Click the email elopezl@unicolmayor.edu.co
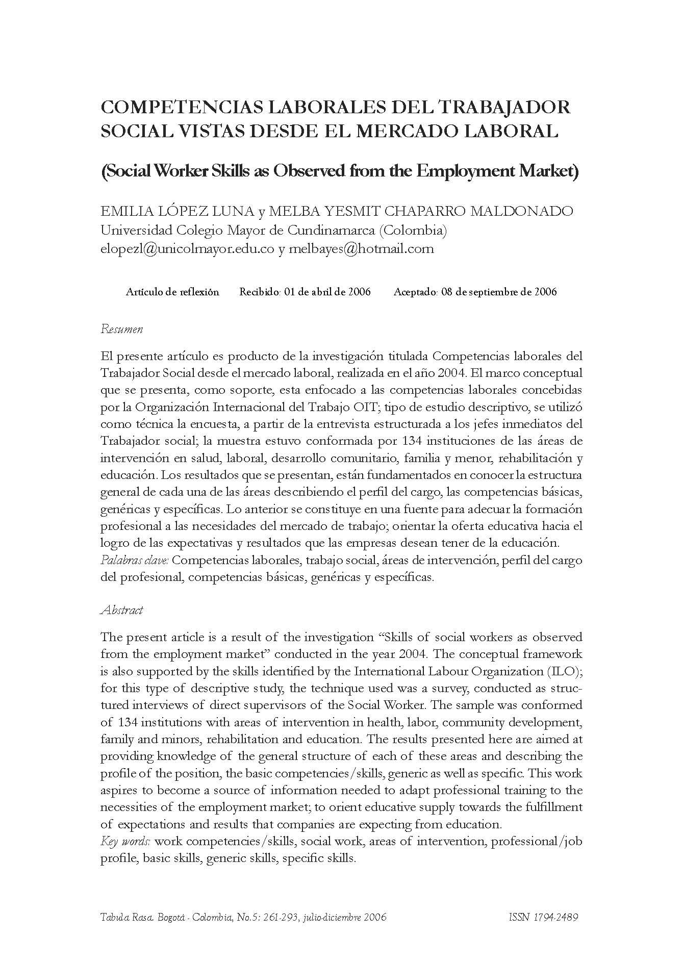coord(188,249)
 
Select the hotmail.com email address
coord(361,249)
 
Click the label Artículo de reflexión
coord(172,292)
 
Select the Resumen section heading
coord(122,329)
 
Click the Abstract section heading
coord(122,610)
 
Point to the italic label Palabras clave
coord(135,561)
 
